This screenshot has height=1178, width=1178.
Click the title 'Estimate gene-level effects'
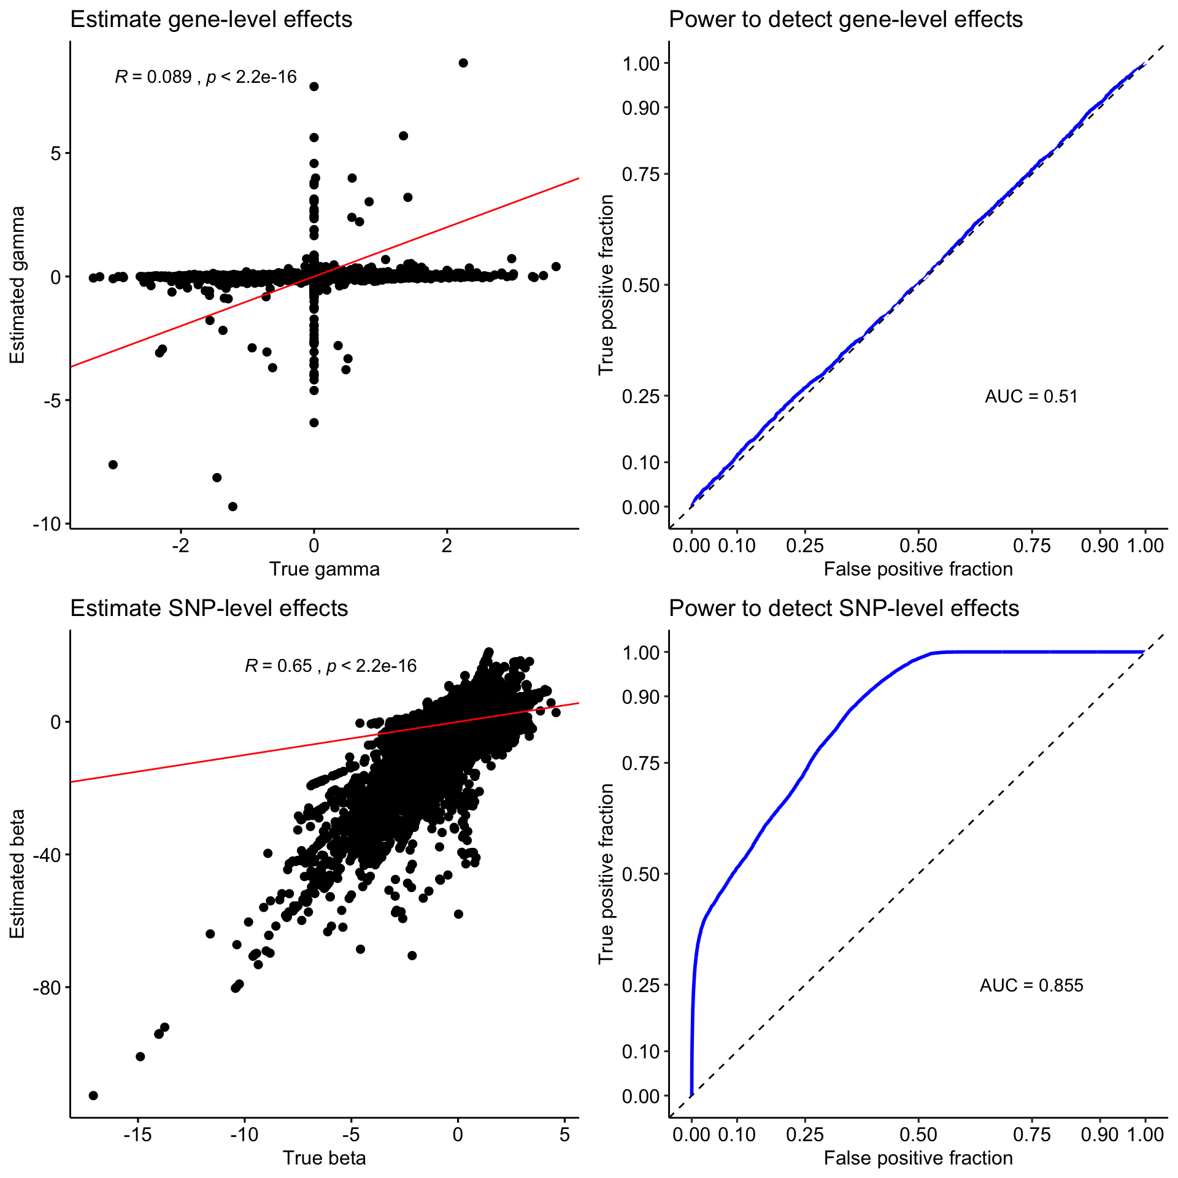tap(211, 20)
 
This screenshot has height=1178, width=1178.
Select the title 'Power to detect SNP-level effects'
tap(844, 608)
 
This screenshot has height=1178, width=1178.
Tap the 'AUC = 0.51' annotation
tap(1031, 396)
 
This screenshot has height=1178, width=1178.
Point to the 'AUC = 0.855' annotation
tap(1031, 985)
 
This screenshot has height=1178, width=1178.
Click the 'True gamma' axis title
tap(324, 569)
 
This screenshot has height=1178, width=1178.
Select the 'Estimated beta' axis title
tap(17, 874)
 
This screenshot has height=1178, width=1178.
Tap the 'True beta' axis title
tap(324, 1158)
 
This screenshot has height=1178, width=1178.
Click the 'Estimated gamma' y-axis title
tap(17, 285)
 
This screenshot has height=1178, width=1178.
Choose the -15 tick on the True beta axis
tap(137, 1134)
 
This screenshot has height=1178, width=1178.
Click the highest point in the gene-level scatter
tap(463, 63)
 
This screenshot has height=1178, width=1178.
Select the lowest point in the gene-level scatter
tap(233, 506)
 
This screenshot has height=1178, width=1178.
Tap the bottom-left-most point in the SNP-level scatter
tap(93, 1095)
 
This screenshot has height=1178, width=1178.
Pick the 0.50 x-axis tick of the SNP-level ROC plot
tap(918, 1134)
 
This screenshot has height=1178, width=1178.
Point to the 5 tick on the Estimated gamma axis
tap(56, 153)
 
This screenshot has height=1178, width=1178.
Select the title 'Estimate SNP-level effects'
tap(209, 608)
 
